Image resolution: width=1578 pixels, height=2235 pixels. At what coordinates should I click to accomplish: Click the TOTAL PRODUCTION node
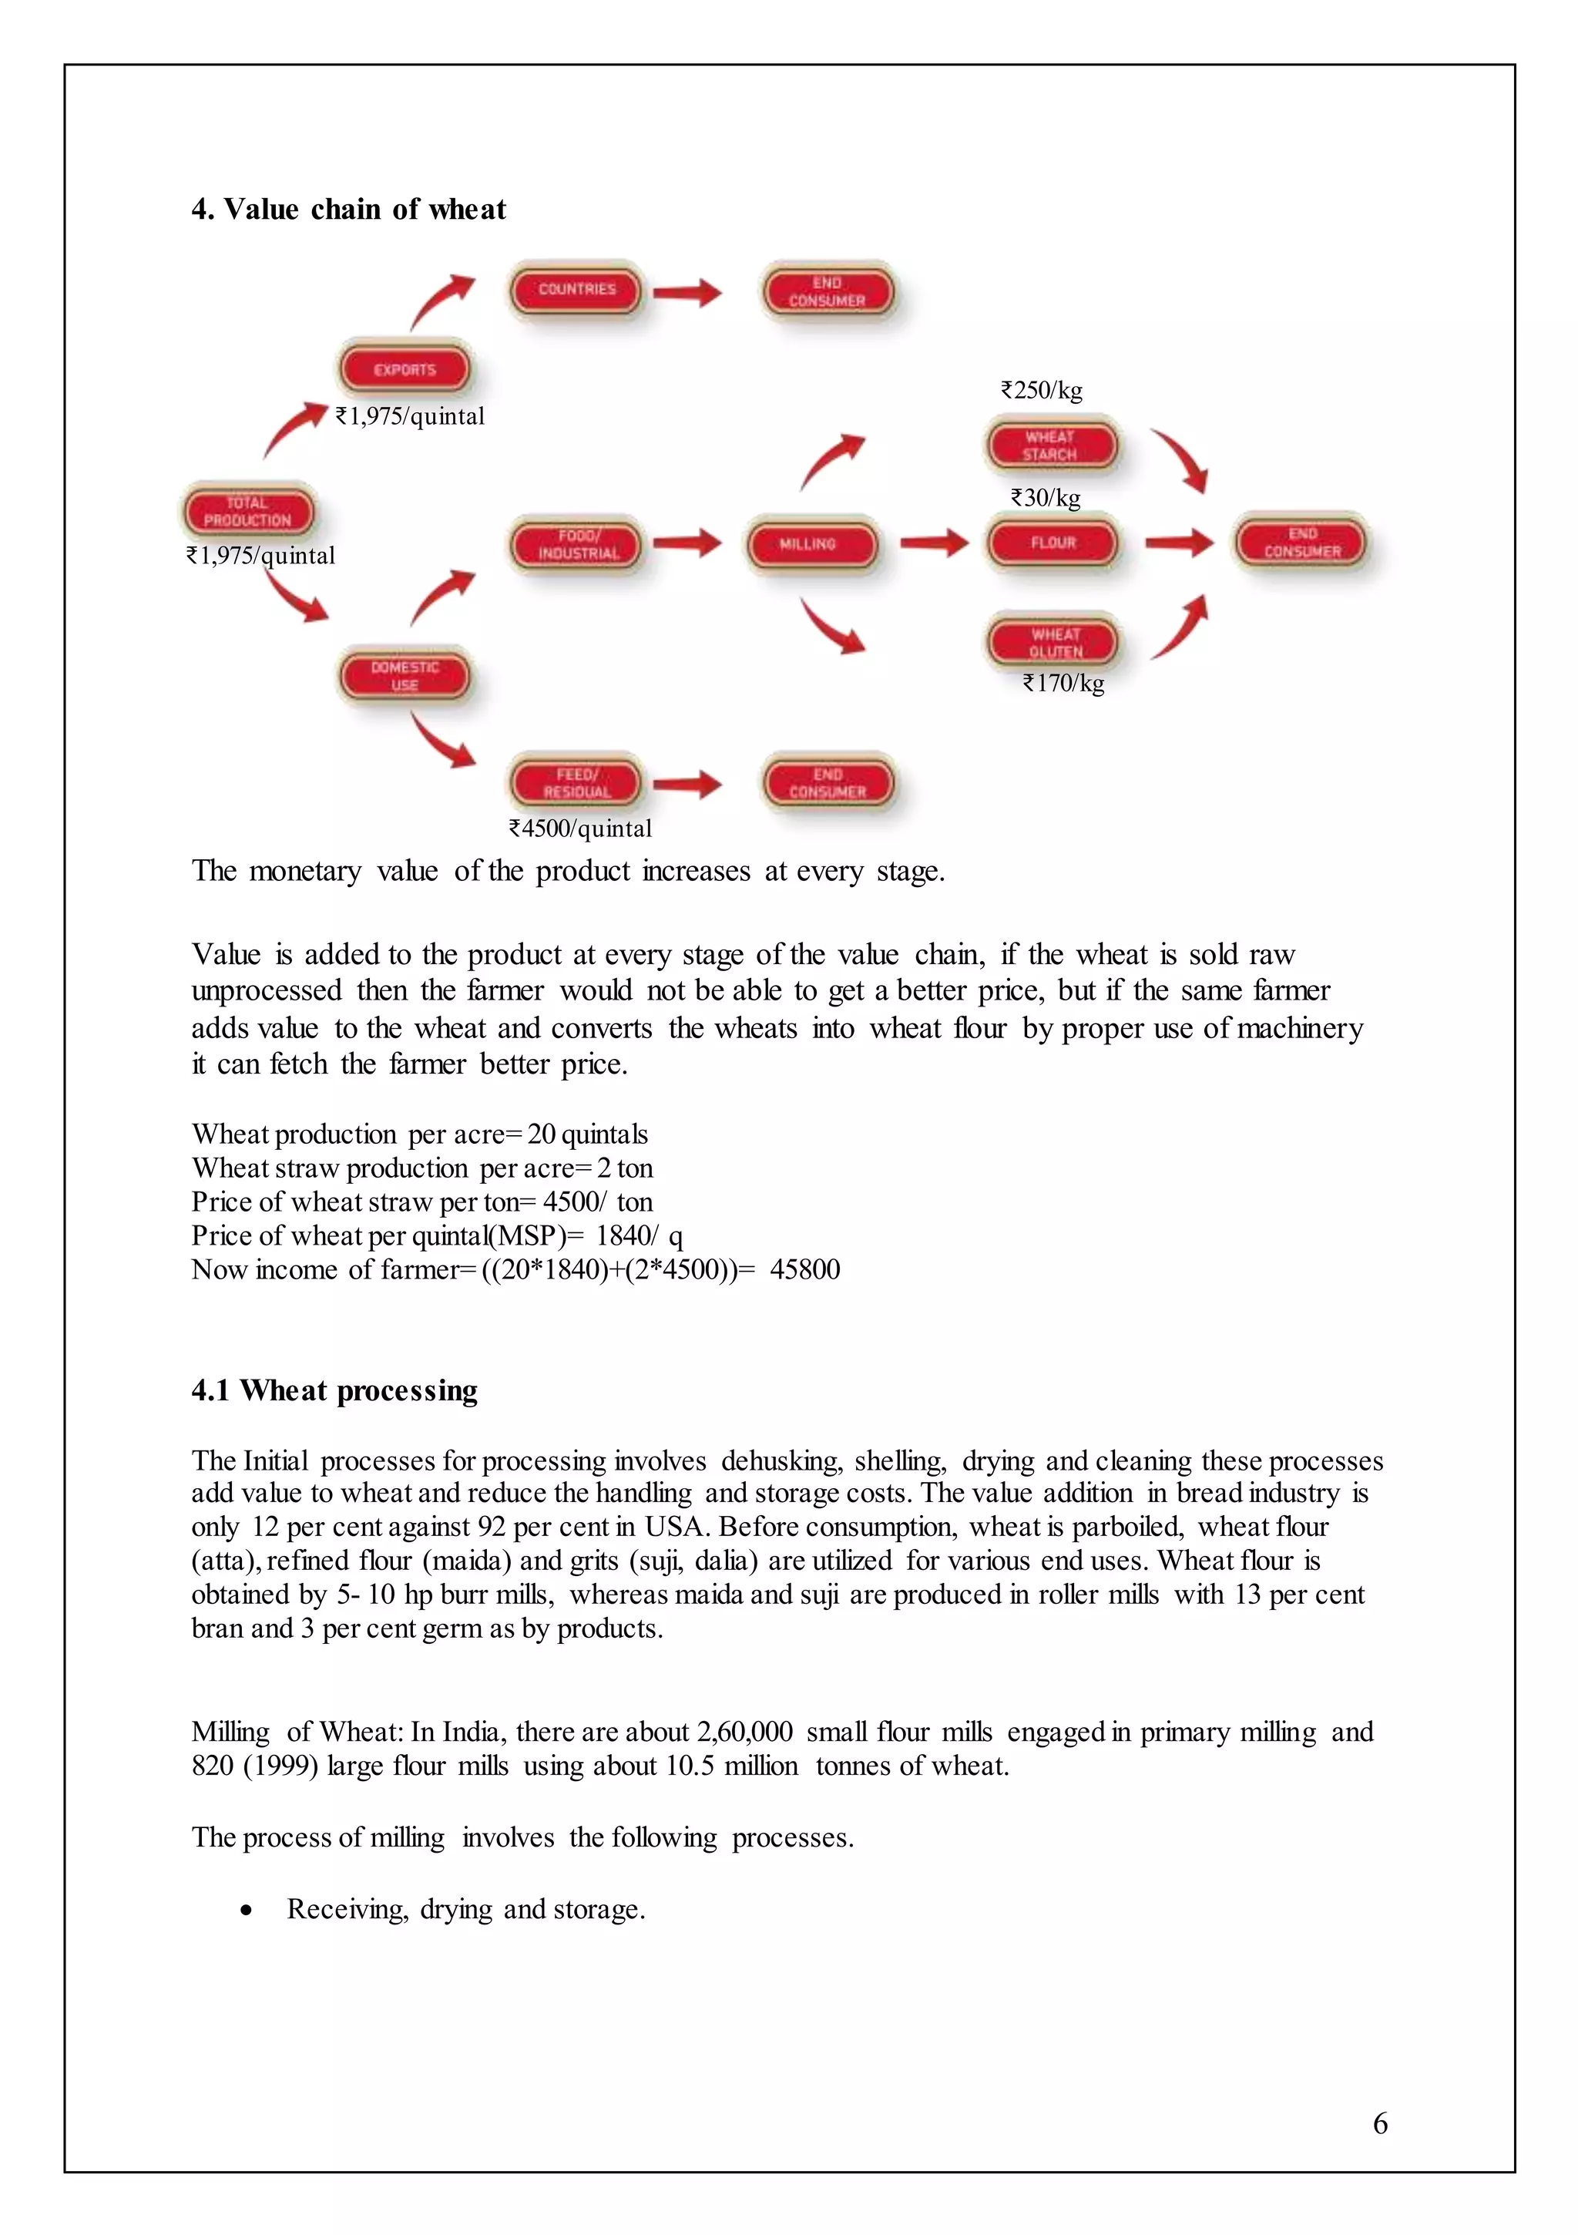(248, 511)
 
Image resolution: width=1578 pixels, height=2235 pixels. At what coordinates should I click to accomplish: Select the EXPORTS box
(404, 369)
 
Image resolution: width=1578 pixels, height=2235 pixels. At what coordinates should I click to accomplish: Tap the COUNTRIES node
(576, 289)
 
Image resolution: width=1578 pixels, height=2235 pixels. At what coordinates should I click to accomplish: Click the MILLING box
(808, 544)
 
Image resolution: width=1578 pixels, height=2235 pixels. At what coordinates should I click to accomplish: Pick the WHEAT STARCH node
(1050, 445)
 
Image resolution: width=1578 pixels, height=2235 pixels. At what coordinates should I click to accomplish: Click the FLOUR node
(1053, 543)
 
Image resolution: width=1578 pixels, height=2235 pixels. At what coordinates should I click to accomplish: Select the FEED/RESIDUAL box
(576, 783)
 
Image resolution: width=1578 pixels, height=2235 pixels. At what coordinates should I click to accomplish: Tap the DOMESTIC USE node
(404, 676)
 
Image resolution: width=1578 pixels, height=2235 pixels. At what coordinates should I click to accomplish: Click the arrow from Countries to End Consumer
(687, 291)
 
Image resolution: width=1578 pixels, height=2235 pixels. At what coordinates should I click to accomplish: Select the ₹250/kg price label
(1041, 390)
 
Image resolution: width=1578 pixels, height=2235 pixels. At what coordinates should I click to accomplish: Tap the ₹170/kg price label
(1063, 684)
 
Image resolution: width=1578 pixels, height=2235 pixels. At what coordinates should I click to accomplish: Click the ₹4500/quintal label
(580, 828)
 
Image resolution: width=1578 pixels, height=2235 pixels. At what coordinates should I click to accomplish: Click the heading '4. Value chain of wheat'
(348, 210)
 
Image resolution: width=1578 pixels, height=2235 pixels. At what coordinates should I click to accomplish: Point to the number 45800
(804, 1269)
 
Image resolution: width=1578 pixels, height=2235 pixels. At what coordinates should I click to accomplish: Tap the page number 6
(1379, 2123)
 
